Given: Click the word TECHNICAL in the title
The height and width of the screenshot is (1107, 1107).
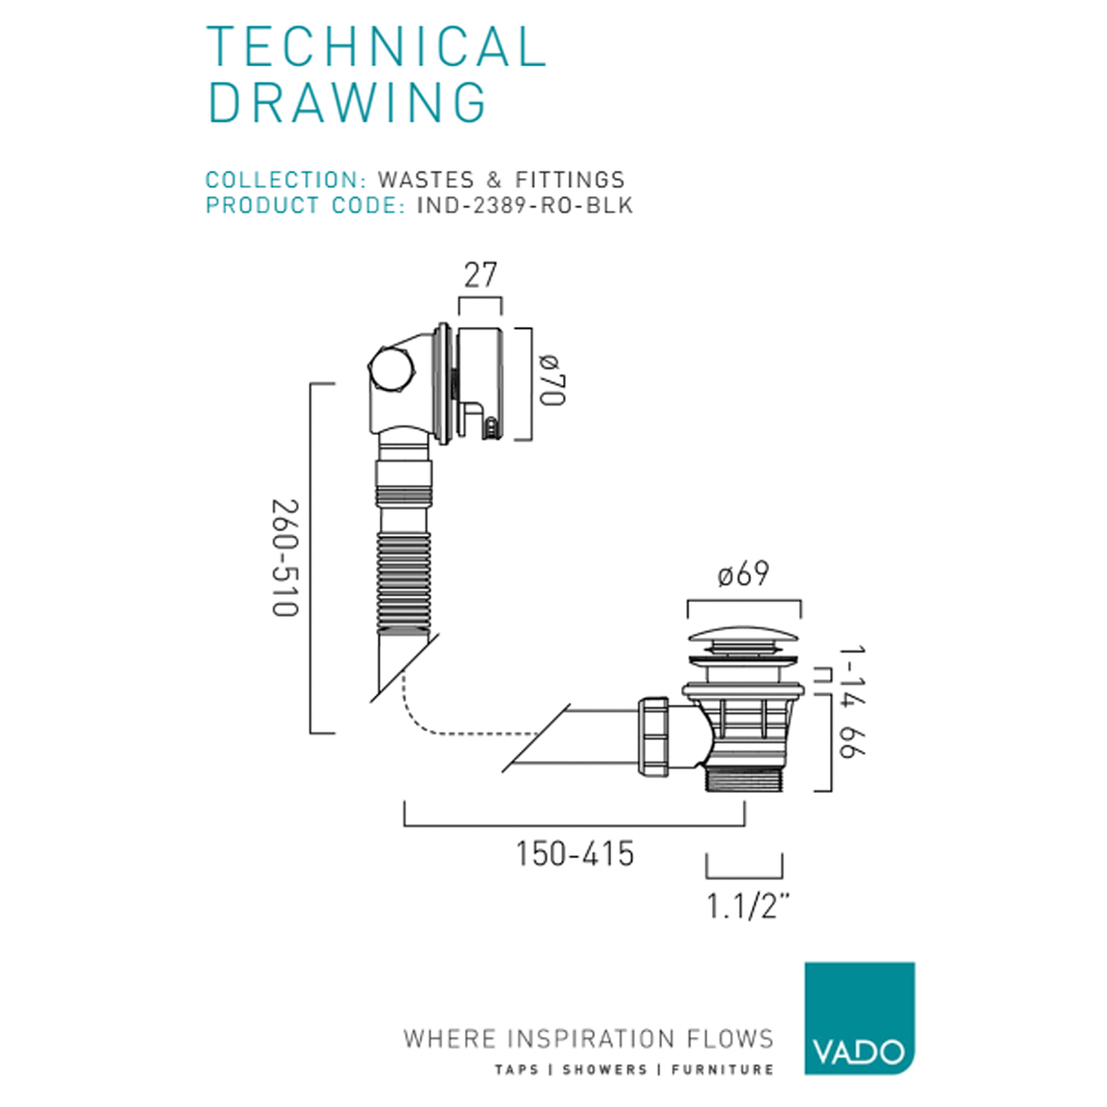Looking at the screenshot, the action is [x=376, y=47].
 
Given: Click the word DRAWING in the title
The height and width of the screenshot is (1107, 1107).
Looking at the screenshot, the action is [x=346, y=102].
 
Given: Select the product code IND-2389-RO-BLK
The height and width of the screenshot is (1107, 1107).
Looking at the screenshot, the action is [x=524, y=205].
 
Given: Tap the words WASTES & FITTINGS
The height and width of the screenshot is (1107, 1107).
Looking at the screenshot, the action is [x=501, y=179].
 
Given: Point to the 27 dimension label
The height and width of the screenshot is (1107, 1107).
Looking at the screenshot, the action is [x=480, y=275].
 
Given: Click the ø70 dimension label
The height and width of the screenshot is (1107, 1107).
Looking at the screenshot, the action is [x=552, y=381].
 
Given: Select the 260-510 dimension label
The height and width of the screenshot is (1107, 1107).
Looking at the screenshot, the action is [x=285, y=558].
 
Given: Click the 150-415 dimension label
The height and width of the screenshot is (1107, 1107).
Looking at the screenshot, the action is [x=575, y=854].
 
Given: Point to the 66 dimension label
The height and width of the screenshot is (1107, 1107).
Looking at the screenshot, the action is [x=852, y=742].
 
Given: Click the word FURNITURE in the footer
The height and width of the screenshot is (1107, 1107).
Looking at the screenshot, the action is [x=722, y=1070].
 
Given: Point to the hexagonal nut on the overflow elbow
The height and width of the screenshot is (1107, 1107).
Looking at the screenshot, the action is [x=391, y=369].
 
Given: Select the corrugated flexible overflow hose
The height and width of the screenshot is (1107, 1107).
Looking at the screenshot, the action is [x=404, y=582].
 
